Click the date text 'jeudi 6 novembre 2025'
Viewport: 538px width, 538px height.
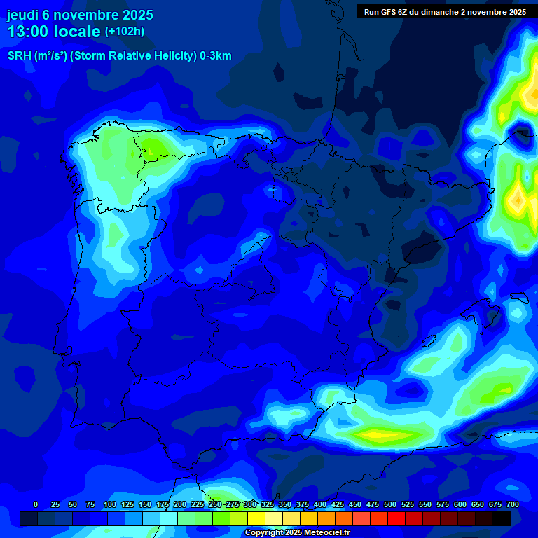coord(80,15)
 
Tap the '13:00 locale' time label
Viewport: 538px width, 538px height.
coord(53,32)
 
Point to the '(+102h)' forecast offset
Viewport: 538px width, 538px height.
coord(125,32)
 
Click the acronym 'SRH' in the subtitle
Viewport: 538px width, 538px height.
coord(19,56)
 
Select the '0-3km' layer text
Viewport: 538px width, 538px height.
coord(216,56)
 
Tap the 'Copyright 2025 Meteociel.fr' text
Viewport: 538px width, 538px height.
coord(297,533)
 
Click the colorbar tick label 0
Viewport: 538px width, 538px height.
coord(36,504)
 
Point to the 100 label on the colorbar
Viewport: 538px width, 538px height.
coord(110,504)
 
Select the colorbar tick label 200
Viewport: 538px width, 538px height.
coord(180,504)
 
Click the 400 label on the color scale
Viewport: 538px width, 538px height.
coord(320,504)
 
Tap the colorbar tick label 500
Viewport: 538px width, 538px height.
coord(390,504)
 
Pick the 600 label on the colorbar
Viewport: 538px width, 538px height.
coord(460,504)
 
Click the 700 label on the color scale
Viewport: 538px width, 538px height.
coord(513,504)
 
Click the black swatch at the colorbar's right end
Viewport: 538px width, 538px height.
coord(502,518)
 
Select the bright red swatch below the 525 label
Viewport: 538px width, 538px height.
coord(396,518)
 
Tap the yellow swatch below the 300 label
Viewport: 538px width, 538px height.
coord(256,518)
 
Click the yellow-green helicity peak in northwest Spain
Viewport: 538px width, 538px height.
coord(151,147)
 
